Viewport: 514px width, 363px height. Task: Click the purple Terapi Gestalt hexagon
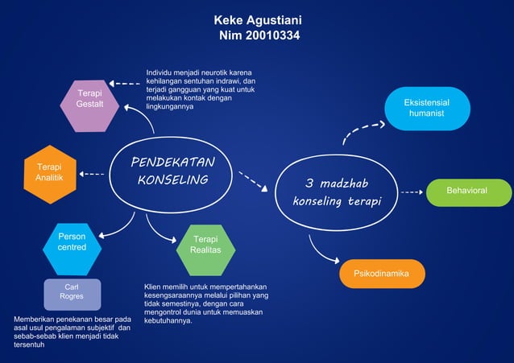89,105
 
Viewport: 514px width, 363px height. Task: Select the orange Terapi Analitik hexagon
50,174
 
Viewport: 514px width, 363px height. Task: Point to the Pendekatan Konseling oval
172,171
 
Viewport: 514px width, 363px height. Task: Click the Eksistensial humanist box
427,109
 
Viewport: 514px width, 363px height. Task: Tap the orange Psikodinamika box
382,274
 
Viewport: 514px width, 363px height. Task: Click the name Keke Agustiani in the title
258,19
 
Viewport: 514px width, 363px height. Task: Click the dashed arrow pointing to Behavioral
412,192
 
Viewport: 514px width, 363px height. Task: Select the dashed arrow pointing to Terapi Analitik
92,174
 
